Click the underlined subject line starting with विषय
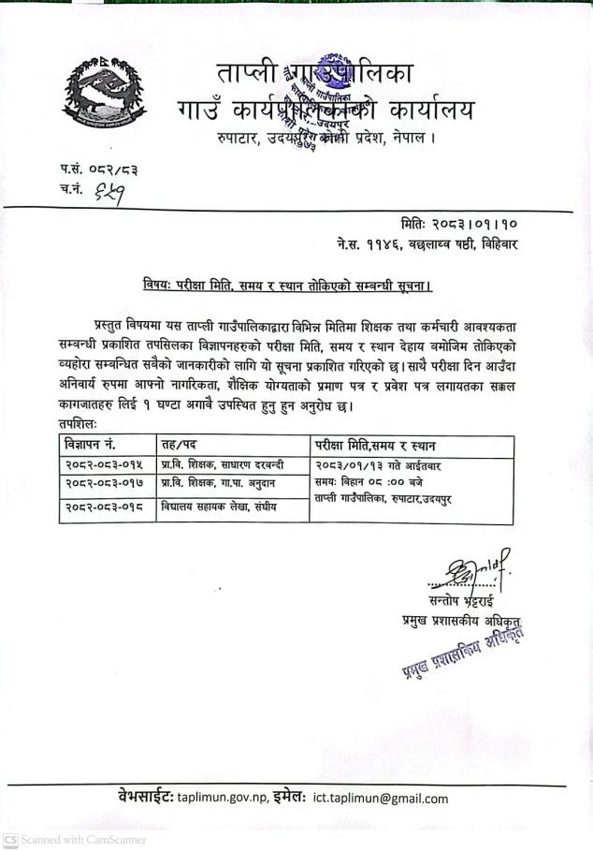[287, 282]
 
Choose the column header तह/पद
[181, 444]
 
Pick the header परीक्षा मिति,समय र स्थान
[381, 444]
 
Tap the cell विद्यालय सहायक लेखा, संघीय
[222, 507]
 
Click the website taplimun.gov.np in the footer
[234, 798]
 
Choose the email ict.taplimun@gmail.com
[381, 798]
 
